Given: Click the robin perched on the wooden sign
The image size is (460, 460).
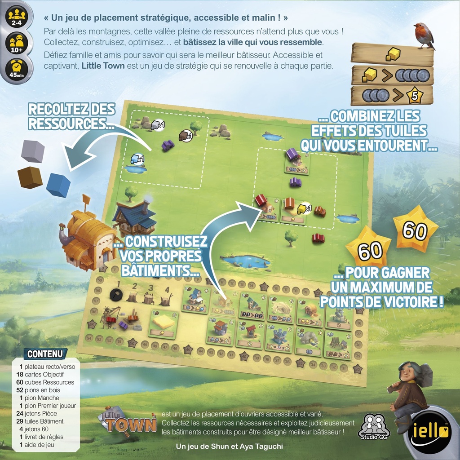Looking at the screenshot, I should click(423, 35).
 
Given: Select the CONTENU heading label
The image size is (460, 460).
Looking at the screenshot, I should click(45, 354).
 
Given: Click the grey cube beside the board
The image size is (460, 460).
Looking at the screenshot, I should click(33, 151).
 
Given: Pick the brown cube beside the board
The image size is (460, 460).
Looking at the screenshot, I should click(30, 177).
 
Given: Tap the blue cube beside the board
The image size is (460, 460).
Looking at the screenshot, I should click(58, 185).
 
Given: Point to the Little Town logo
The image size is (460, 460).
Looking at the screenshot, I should click(128, 421).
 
